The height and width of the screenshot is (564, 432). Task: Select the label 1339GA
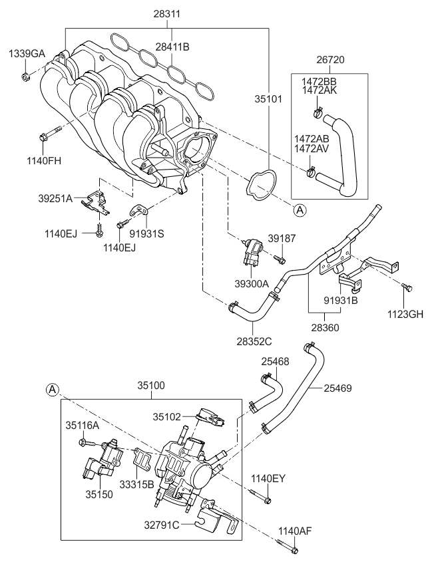click(x=27, y=53)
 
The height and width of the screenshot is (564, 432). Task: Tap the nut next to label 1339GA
click(x=25, y=77)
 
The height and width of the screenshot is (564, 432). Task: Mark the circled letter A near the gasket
click(x=300, y=210)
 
